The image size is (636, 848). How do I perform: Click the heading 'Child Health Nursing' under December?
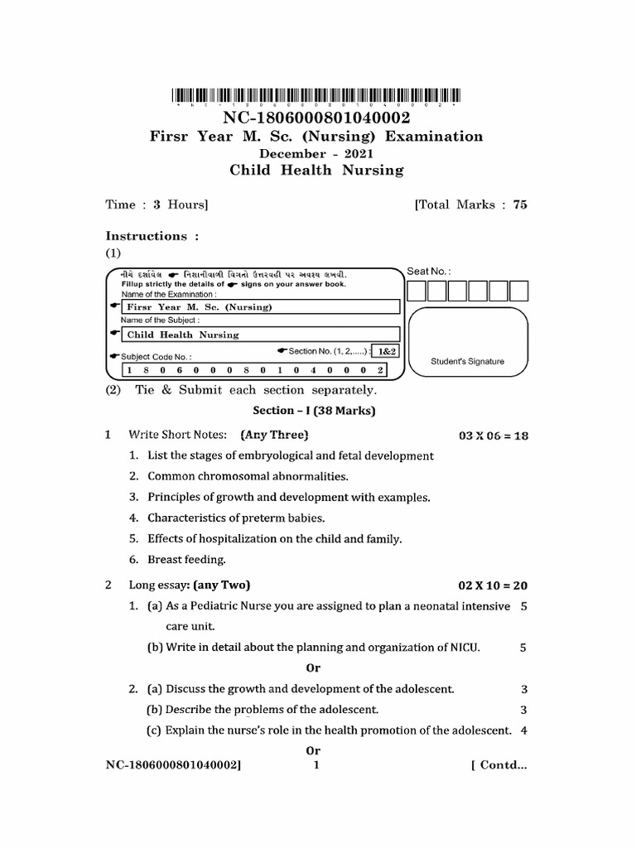[x=316, y=171]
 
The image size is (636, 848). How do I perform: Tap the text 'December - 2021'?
[x=316, y=154]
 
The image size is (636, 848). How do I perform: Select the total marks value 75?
[x=519, y=205]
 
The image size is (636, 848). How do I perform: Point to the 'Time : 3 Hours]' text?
[x=157, y=205]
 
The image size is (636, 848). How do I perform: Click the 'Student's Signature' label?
[x=467, y=361]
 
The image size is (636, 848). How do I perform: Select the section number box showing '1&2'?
[x=385, y=350]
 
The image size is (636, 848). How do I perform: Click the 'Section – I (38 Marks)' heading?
[x=314, y=411]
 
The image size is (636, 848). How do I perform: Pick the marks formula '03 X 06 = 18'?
[x=493, y=435]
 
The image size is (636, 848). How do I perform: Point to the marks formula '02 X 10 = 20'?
[x=493, y=585]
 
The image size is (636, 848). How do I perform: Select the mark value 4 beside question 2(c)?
[x=523, y=730]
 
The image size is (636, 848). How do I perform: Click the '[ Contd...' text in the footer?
[x=498, y=765]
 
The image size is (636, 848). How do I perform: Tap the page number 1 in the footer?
[x=316, y=765]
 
